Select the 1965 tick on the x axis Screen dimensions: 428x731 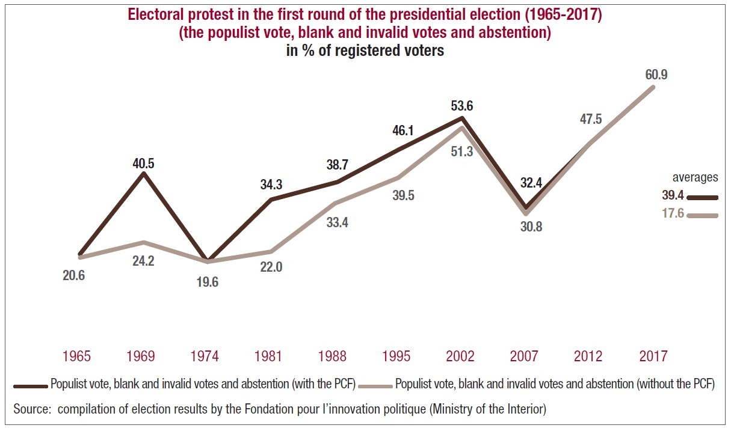tap(76, 356)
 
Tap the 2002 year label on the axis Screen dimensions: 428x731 tap(460, 356)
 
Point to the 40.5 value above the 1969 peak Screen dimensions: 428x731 tap(143, 163)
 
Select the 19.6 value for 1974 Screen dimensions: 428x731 tap(207, 282)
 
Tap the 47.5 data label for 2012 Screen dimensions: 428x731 tap(590, 119)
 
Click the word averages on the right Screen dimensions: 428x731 tap(696, 177)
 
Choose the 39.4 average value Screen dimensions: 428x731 tap(672, 197)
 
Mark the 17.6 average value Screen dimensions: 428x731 tap(672, 213)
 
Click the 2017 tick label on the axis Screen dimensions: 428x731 tap(653, 356)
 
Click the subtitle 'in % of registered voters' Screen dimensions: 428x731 tap(365, 50)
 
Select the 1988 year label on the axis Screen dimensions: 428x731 tap(332, 356)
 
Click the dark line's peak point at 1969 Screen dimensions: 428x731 tap(143, 174)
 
